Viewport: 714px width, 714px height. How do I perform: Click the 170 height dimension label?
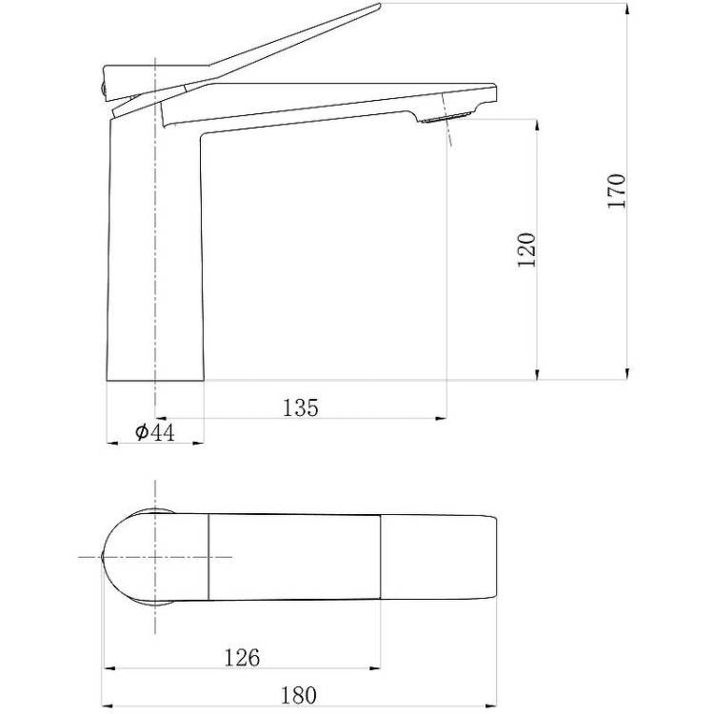tap(617, 190)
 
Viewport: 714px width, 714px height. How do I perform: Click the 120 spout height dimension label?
tap(527, 250)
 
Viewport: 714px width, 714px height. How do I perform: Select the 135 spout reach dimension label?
tap(301, 407)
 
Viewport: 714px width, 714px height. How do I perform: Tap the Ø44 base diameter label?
tap(155, 432)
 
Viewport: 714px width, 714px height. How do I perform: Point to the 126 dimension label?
tap(242, 658)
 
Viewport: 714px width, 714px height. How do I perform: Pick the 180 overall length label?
tap(298, 695)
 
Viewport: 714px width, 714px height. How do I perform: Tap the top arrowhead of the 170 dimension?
tap(627, 10)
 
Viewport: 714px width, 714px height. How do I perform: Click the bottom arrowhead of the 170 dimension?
tap(627, 374)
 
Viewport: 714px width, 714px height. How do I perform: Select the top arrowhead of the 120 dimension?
tap(537, 126)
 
